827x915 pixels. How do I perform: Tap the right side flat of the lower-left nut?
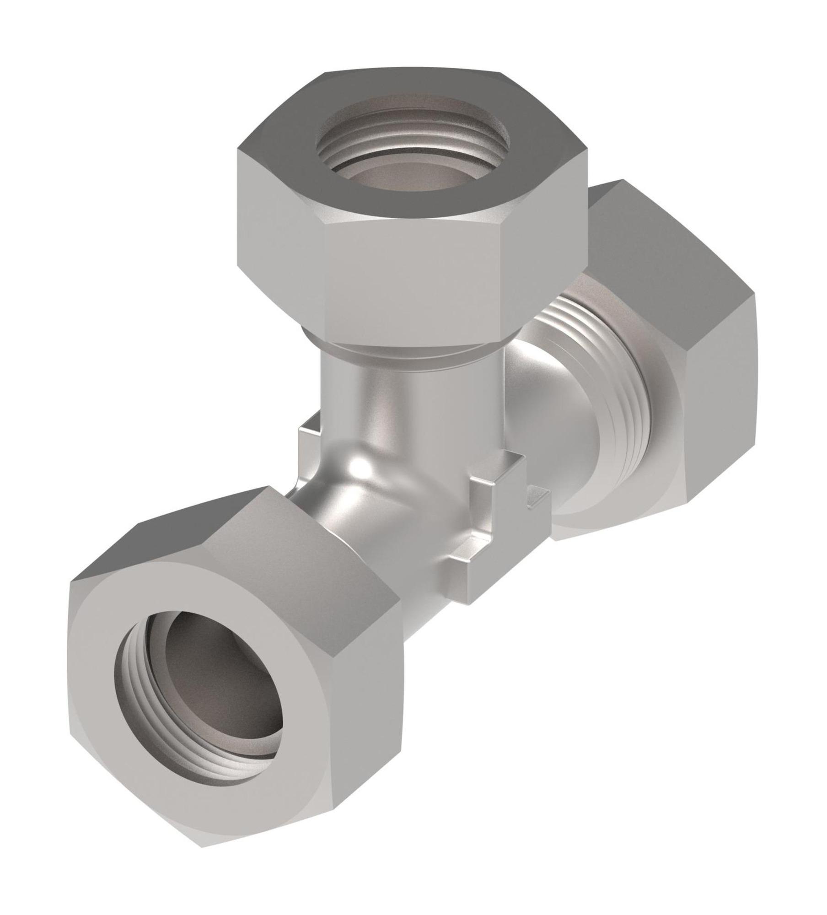tap(361, 714)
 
